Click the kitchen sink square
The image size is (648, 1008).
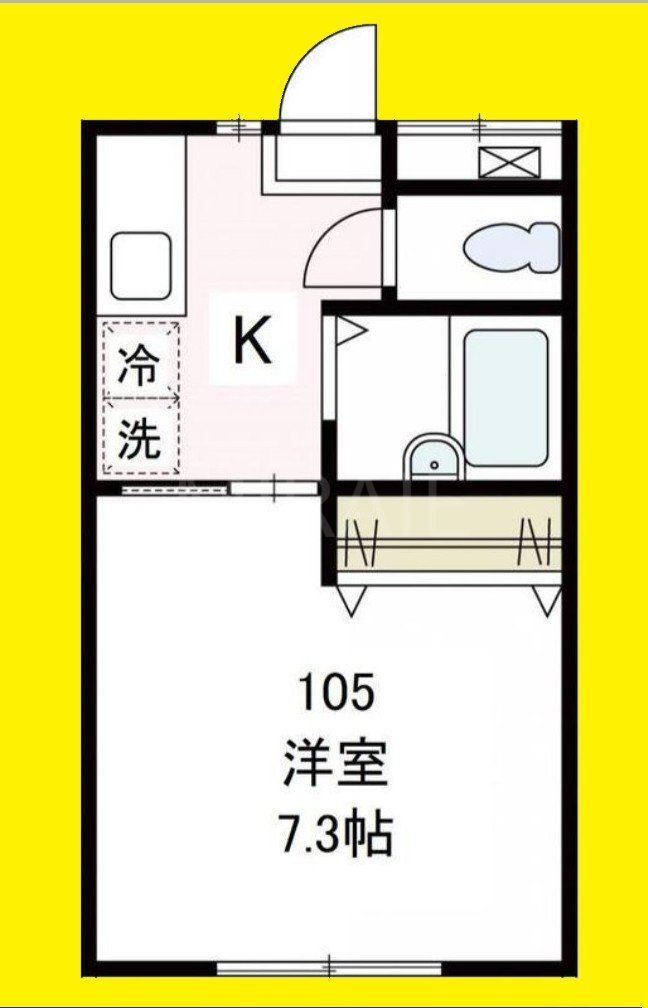pyautogui.click(x=140, y=266)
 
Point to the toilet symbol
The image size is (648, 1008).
pyautogui.click(x=512, y=247)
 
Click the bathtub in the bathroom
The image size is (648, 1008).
pyautogui.click(x=506, y=397)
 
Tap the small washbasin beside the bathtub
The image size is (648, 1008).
pyautogui.click(x=432, y=460)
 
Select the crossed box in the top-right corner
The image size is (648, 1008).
pyautogui.click(x=508, y=161)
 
